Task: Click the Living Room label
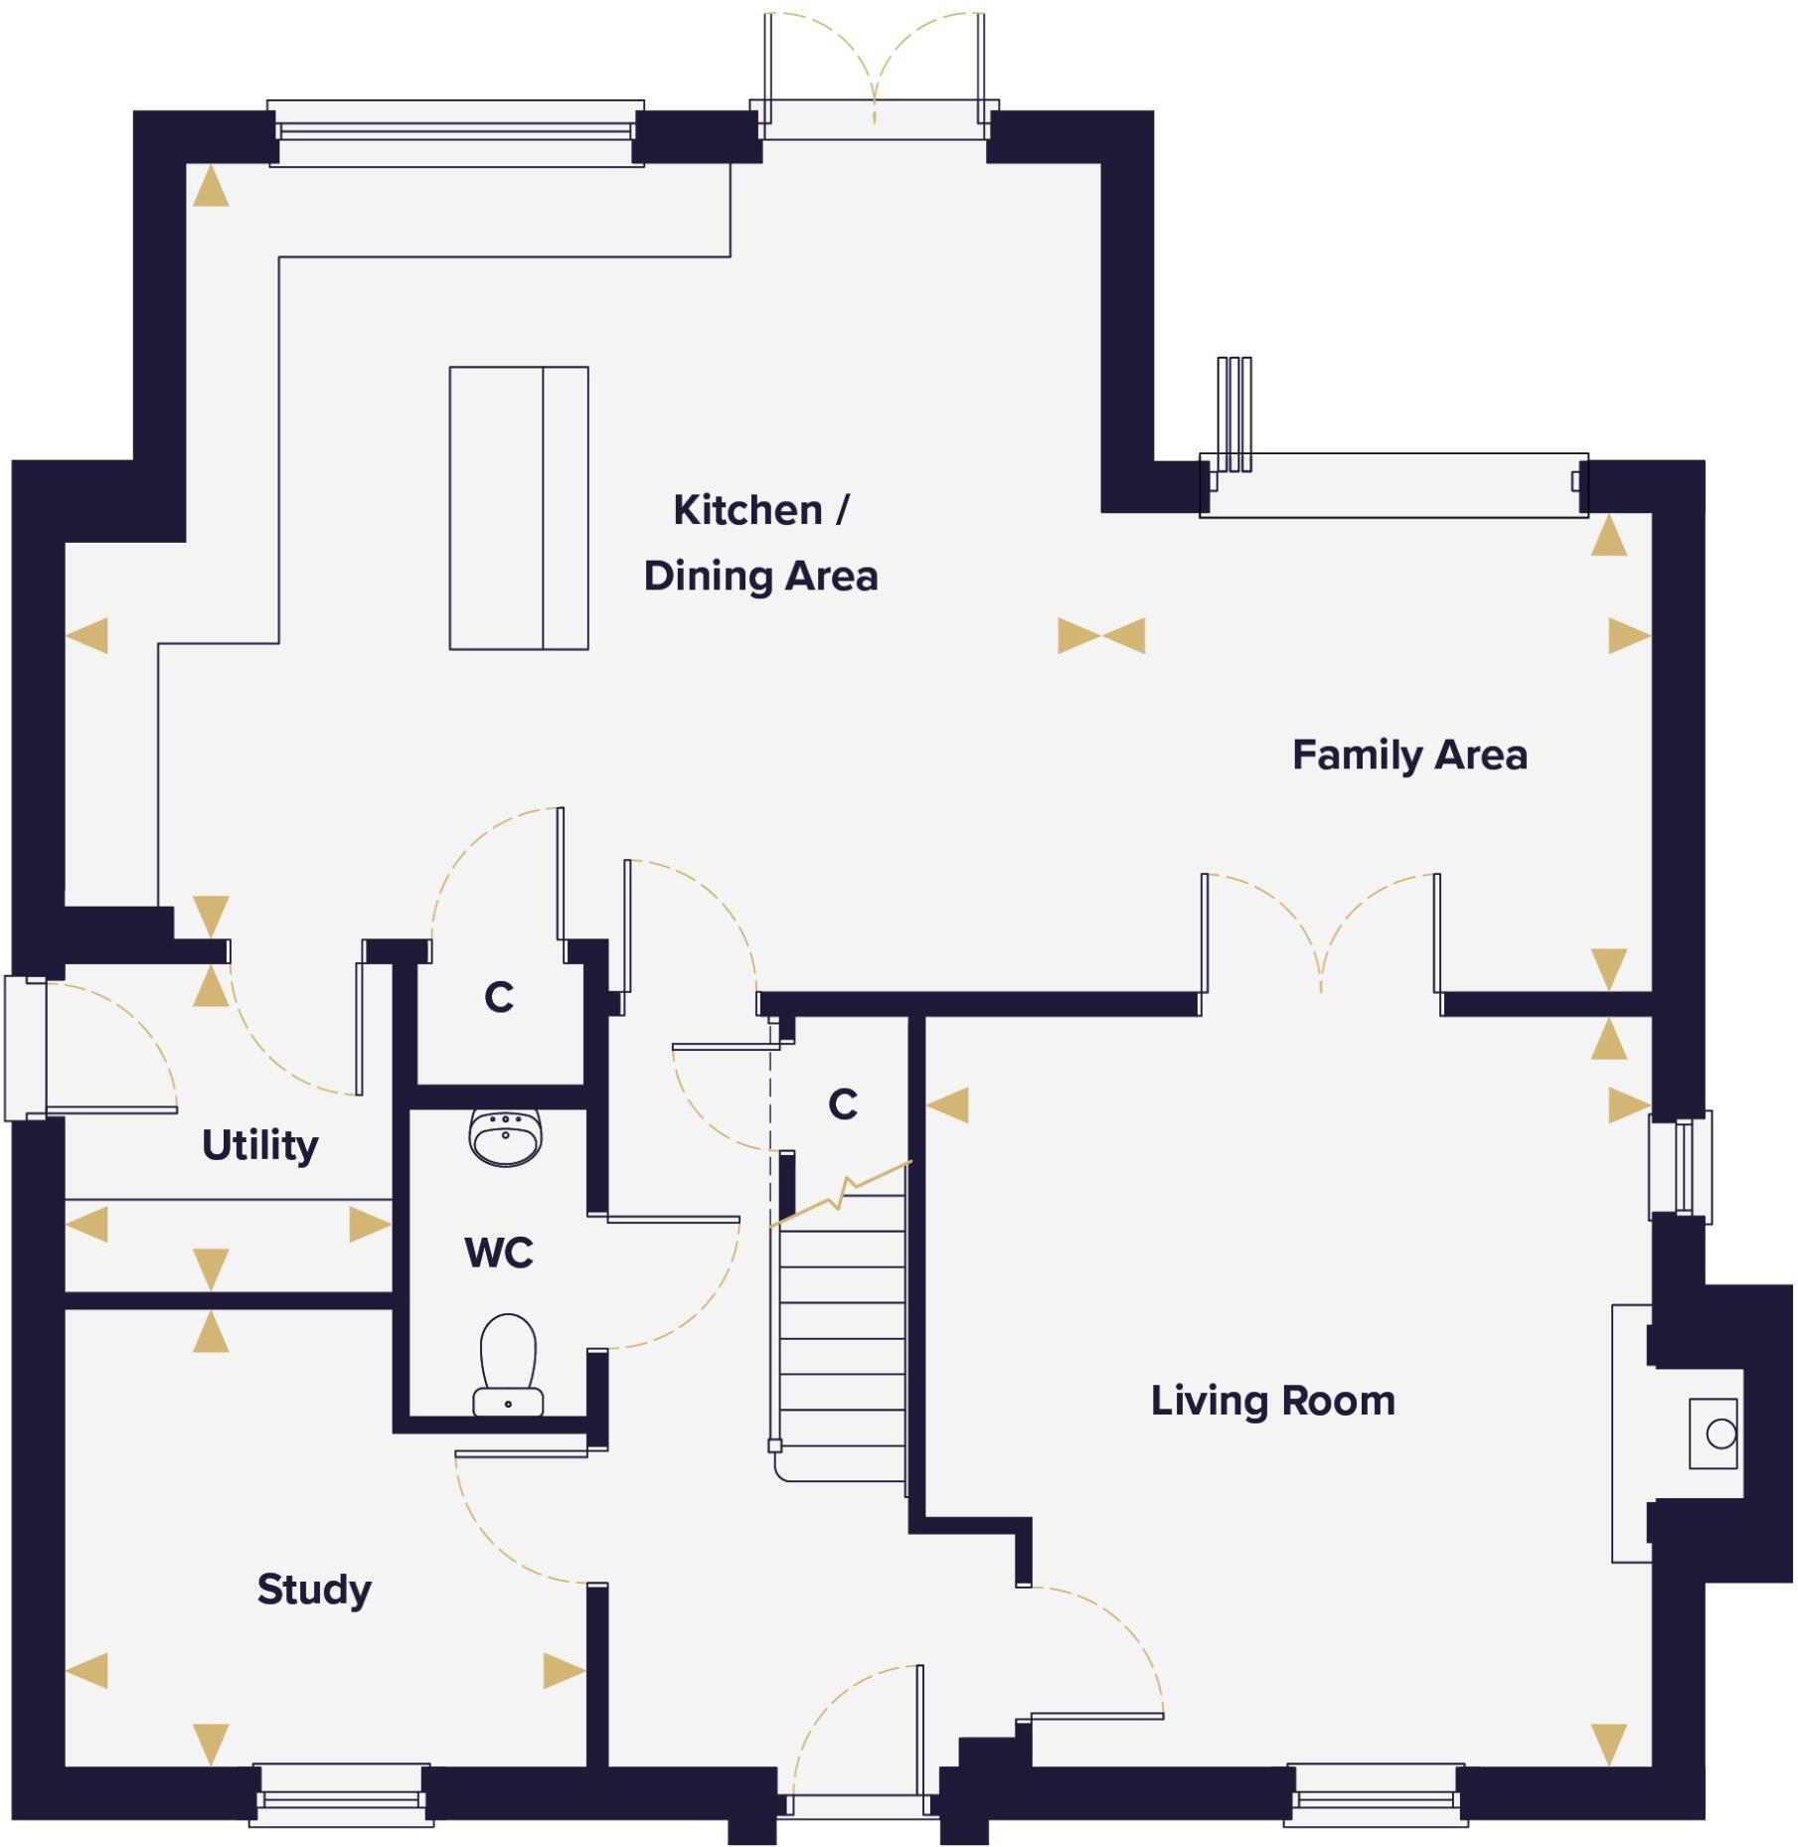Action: tap(1272, 1401)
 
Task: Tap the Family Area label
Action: tap(1408, 756)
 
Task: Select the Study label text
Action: tap(314, 1589)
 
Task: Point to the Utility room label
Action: tap(259, 1145)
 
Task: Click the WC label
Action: tap(498, 1253)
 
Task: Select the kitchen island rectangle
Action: tap(518, 508)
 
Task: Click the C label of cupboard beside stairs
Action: tap(843, 1104)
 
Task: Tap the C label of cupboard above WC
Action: tap(499, 997)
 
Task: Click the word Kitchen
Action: tap(747, 510)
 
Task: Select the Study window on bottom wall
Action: tap(341, 1796)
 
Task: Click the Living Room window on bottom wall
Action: tap(1375, 1796)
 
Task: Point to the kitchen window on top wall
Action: tap(455, 132)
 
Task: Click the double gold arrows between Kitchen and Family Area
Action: tap(1101, 635)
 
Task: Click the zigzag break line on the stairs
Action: tap(841, 1193)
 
